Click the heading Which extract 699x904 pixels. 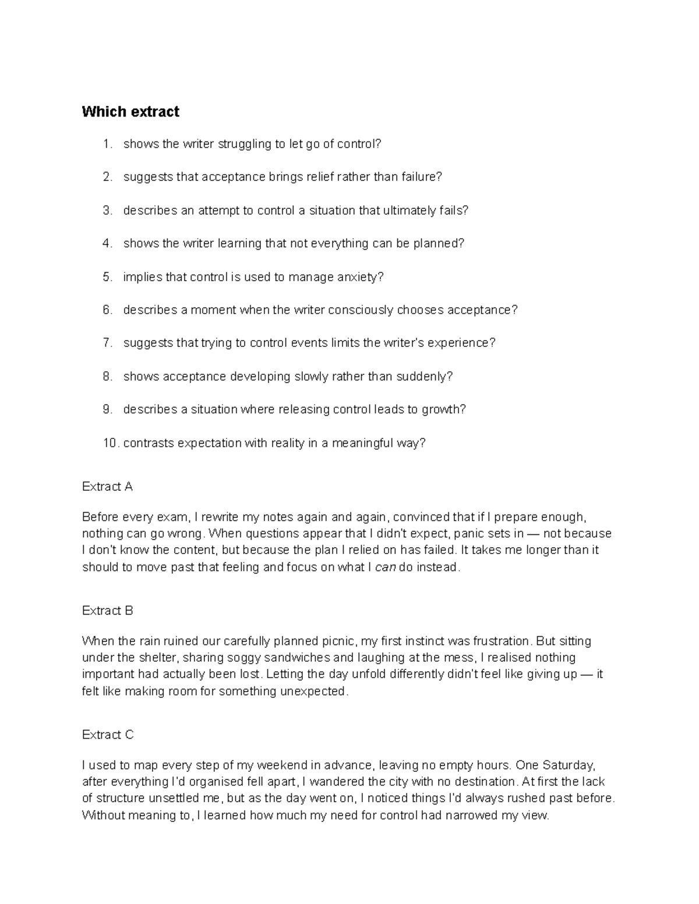(130, 112)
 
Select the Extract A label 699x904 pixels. (107, 487)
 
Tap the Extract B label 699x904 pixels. (108, 611)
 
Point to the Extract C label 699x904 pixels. (108, 735)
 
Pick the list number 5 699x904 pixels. (107, 277)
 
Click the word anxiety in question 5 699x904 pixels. (360, 277)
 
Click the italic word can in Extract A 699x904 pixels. (385, 567)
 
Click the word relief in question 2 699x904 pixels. (333, 177)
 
